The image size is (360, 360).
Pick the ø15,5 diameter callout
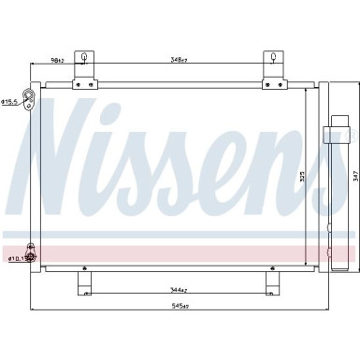[x=8, y=102]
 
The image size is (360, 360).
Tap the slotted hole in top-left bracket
[x=87, y=59]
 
